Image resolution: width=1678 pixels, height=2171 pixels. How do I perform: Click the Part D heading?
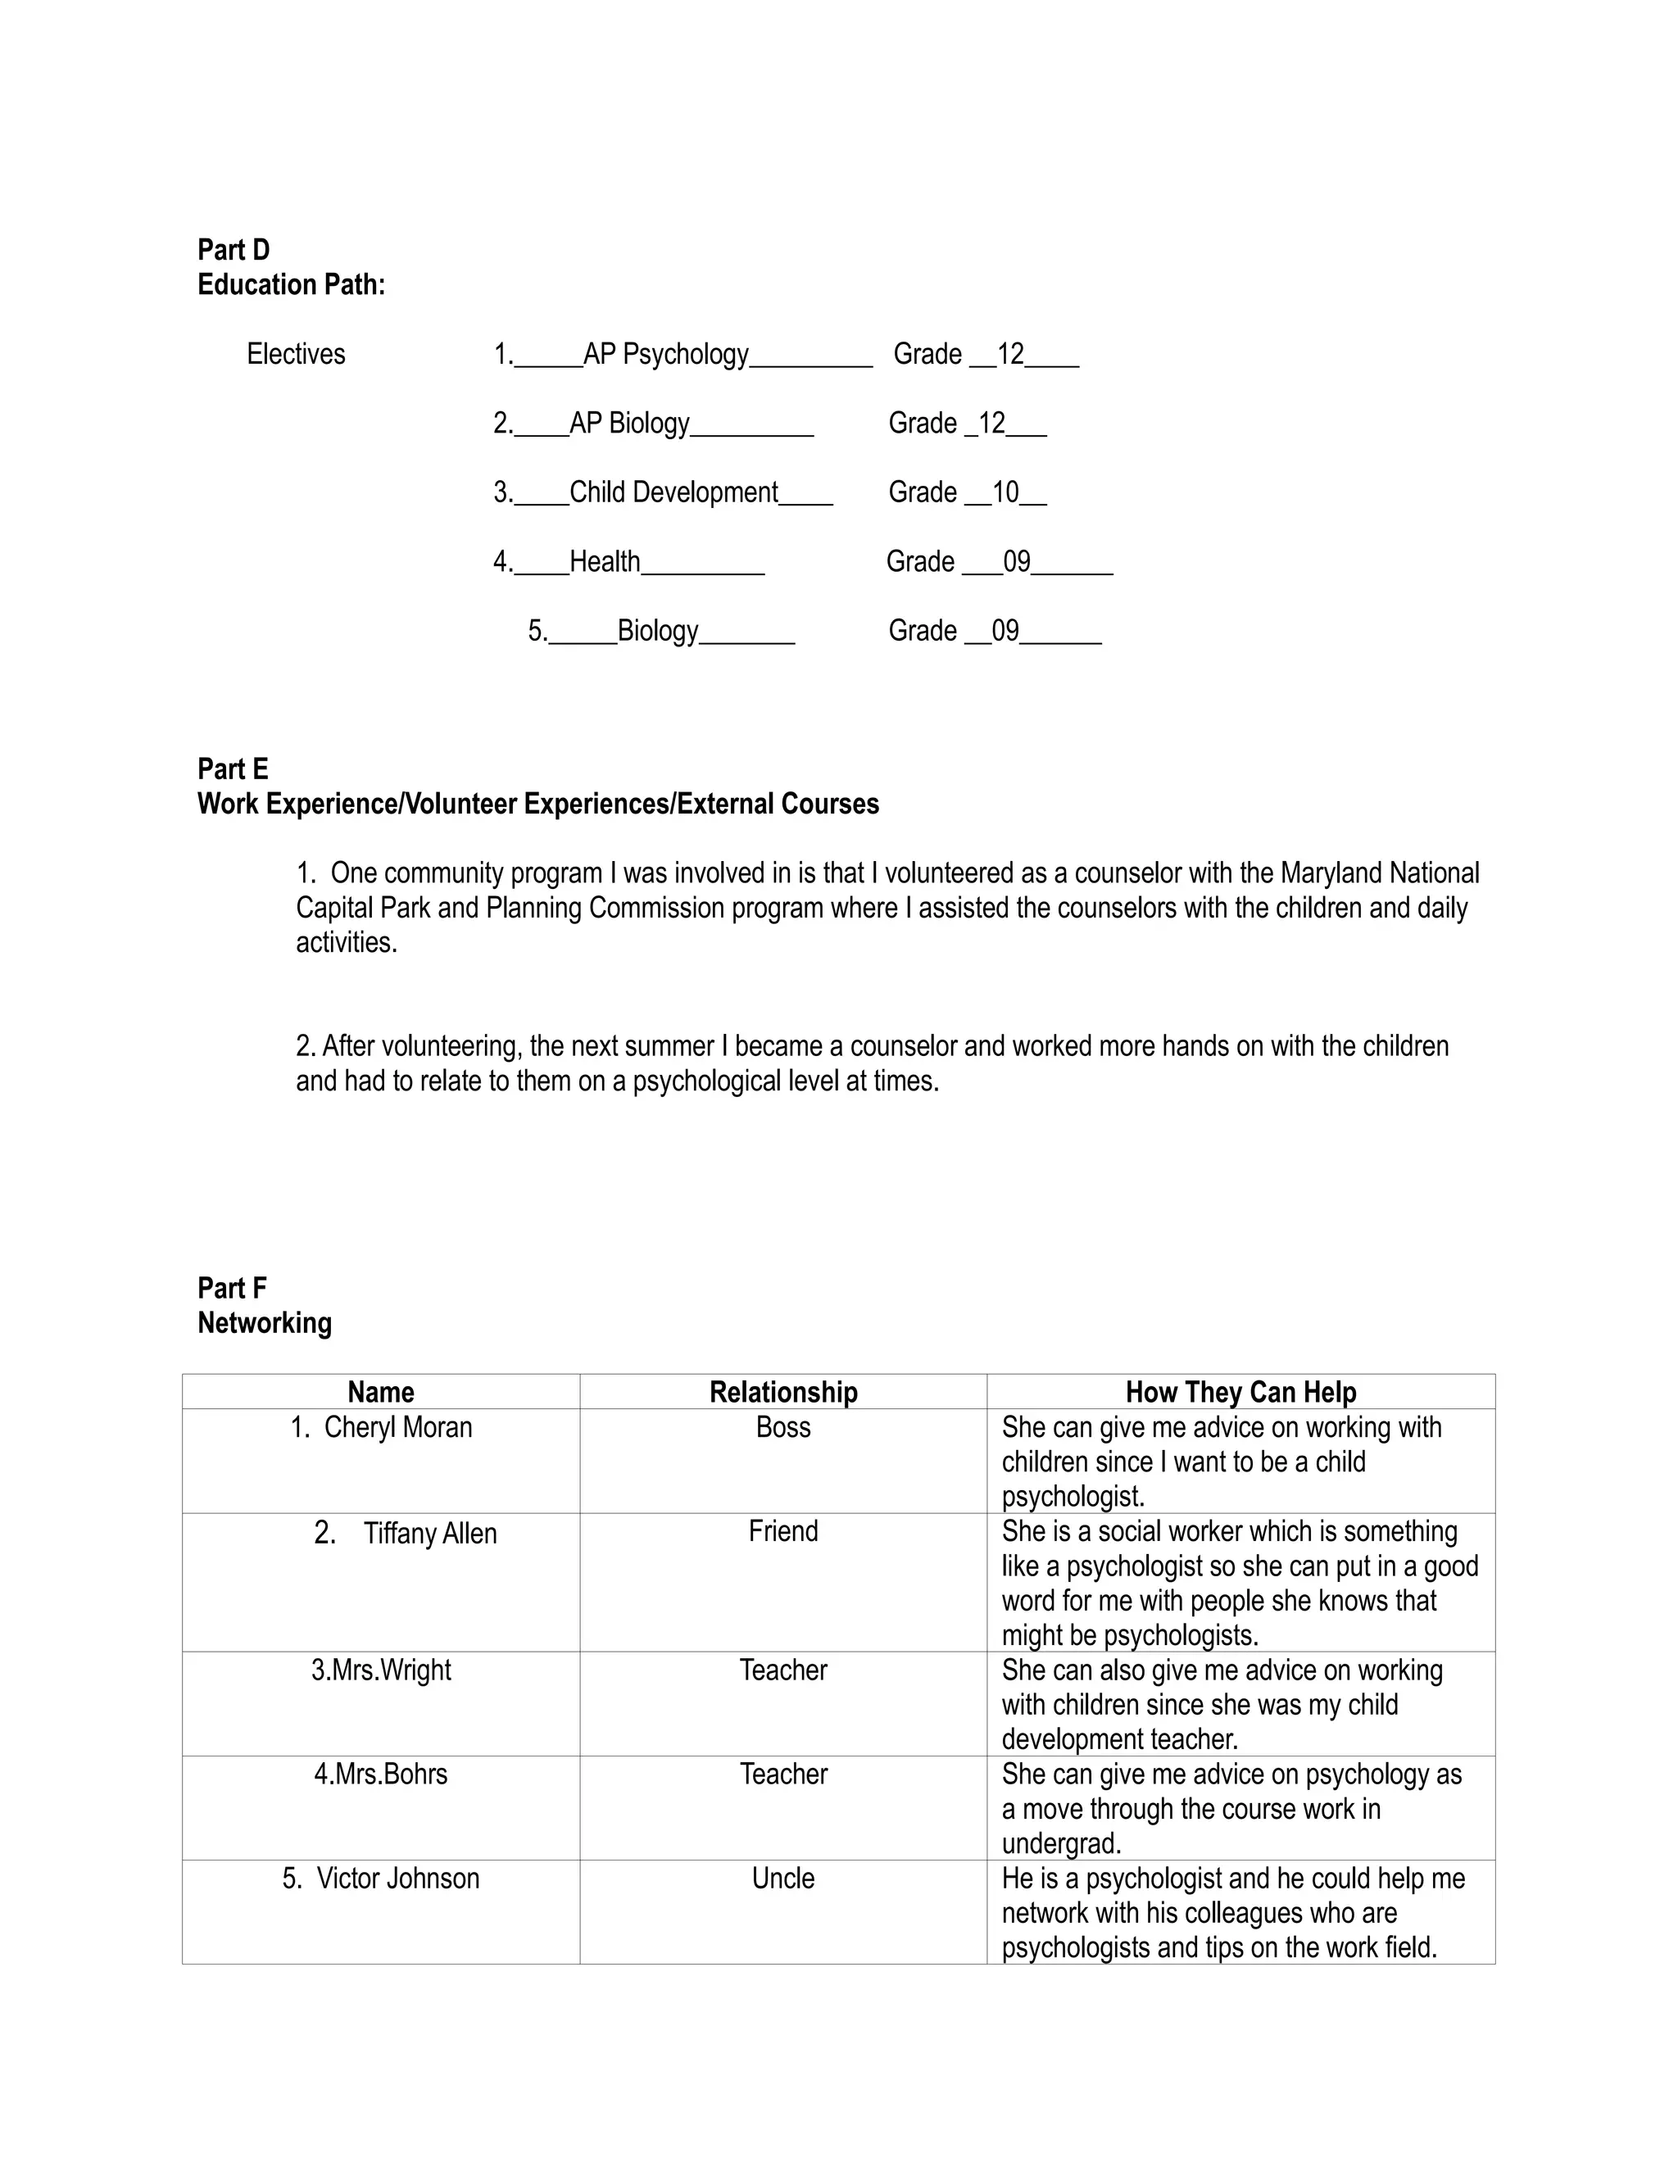pyautogui.click(x=234, y=250)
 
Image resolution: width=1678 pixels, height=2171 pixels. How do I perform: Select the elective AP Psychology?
pyautogui.click(x=665, y=355)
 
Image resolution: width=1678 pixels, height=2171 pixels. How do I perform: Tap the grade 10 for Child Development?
pyautogui.click(x=1005, y=493)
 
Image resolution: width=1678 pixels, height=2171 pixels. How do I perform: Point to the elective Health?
pyautogui.click(x=605, y=563)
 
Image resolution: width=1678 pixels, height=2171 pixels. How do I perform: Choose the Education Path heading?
pyautogui.click(x=291, y=285)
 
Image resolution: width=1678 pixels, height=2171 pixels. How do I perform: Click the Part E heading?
pyautogui.click(x=233, y=769)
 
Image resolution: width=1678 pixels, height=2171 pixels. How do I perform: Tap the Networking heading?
pyautogui.click(x=265, y=1323)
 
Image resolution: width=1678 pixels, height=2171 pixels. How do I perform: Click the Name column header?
pyautogui.click(x=381, y=1392)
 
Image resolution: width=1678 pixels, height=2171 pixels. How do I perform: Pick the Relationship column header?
pyautogui.click(x=783, y=1392)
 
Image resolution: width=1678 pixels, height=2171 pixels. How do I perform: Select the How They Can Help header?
pyautogui.click(x=1240, y=1392)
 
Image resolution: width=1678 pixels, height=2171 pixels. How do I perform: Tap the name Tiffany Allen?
pyautogui.click(x=429, y=1534)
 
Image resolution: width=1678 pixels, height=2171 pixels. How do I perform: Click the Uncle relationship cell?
pyautogui.click(x=783, y=1879)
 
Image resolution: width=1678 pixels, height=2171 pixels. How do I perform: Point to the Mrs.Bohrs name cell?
pyautogui.click(x=381, y=1774)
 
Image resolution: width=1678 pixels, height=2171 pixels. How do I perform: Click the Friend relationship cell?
pyautogui.click(x=783, y=1532)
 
